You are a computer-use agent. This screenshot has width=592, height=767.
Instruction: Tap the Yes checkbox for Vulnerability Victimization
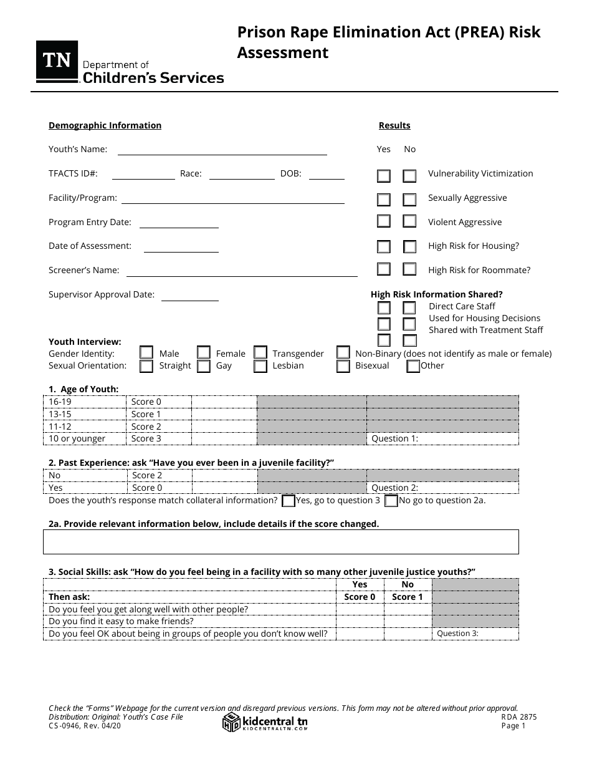click(384, 176)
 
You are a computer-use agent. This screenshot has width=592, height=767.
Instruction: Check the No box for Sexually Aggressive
click(409, 200)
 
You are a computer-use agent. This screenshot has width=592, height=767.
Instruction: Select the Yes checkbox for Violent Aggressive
click(384, 221)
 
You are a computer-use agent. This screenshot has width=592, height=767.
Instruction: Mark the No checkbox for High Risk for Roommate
click(409, 269)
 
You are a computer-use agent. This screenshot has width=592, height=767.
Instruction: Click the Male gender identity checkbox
click(146, 354)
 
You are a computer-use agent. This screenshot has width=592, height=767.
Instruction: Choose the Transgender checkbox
click(260, 354)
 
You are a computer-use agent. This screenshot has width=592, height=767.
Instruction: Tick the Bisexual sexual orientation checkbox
click(343, 366)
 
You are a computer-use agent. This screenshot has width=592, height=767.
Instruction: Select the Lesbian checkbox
click(260, 366)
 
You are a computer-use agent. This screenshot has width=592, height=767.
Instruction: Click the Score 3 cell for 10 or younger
click(159, 438)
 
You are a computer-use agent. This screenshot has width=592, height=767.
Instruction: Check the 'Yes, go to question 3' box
click(289, 501)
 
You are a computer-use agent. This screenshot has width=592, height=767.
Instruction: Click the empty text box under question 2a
click(280, 542)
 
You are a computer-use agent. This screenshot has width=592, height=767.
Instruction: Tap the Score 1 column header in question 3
click(408, 597)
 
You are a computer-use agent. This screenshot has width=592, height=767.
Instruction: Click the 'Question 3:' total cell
click(475, 634)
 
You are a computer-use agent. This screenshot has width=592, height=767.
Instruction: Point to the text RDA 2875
click(518, 717)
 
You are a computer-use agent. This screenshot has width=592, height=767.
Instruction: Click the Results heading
click(394, 125)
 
